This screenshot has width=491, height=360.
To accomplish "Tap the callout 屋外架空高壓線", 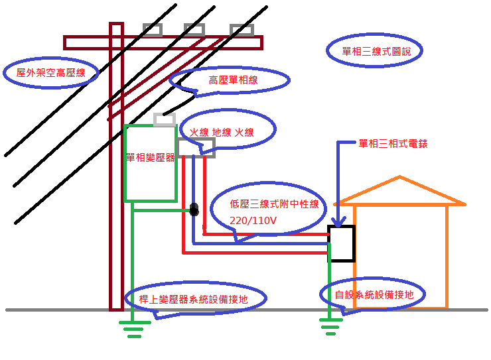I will click(x=52, y=73).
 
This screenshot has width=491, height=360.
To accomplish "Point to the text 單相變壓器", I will click(x=151, y=158).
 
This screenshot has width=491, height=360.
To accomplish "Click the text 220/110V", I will click(x=253, y=219).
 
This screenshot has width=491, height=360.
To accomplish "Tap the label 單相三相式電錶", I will click(x=393, y=143).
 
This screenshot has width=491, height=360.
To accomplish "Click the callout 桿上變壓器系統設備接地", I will click(x=193, y=299).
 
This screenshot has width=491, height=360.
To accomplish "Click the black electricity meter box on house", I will click(x=342, y=244).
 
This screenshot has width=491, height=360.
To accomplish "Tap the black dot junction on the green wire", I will click(x=194, y=210).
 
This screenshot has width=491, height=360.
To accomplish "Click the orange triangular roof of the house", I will click(x=400, y=192).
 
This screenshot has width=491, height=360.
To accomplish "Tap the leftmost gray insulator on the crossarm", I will click(x=153, y=30).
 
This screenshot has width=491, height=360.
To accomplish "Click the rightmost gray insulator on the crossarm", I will click(x=242, y=30).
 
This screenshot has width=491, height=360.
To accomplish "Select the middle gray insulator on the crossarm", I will click(x=194, y=30).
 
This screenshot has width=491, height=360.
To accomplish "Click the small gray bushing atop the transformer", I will click(x=165, y=119).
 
